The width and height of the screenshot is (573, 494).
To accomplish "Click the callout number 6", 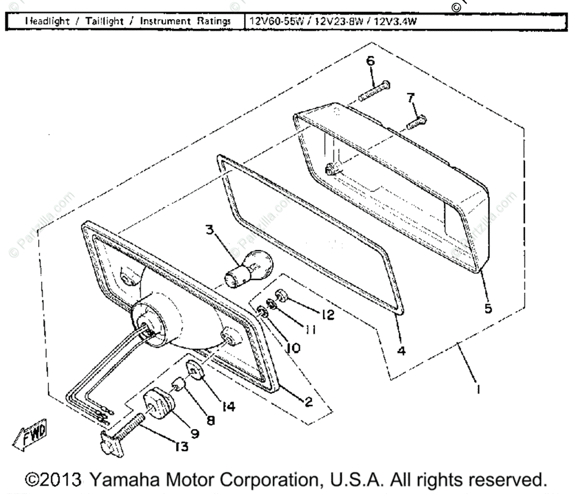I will point(371,61).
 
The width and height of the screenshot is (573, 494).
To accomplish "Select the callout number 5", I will point(488,308).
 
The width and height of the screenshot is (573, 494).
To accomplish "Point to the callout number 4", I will point(401,351).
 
